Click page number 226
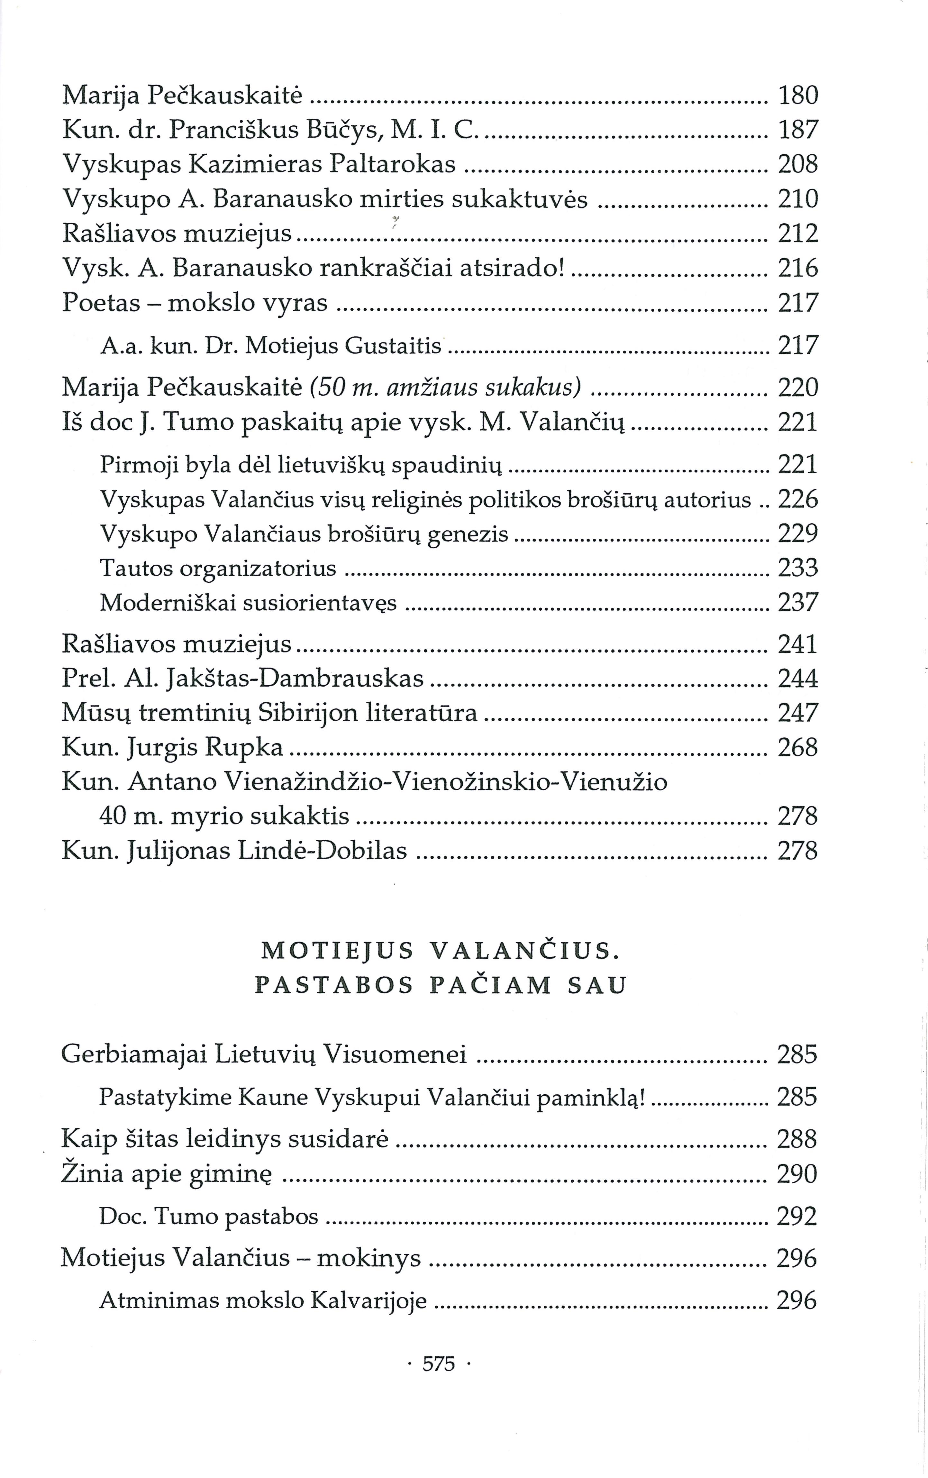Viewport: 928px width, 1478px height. pos(798,500)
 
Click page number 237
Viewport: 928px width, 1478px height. pos(798,602)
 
